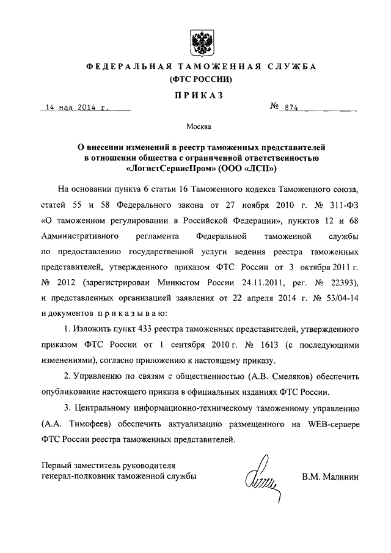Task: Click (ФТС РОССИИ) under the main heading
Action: (197, 79)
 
